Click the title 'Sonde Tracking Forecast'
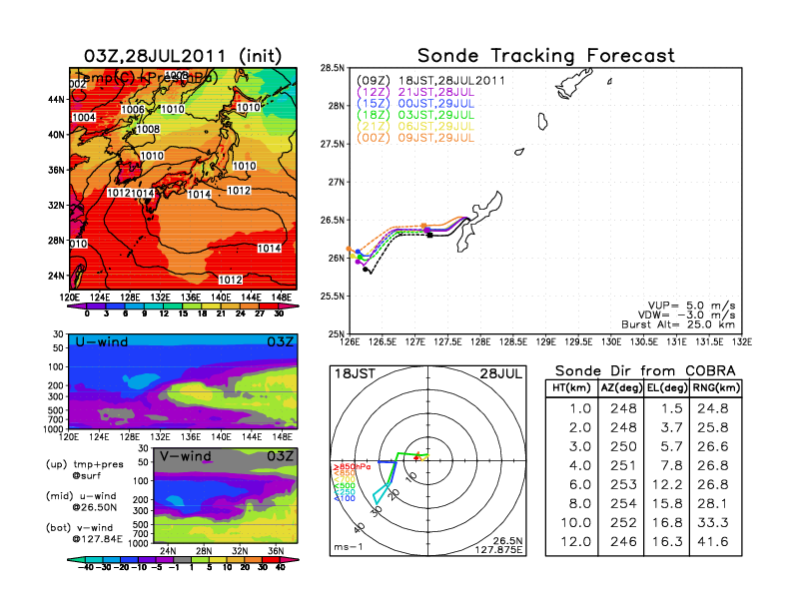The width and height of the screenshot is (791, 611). pos(545,55)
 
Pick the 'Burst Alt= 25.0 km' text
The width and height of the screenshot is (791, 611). pos(679,322)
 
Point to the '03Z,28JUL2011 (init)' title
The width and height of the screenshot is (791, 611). pos(182,55)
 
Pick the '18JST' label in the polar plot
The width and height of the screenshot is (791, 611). pos(354,373)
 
